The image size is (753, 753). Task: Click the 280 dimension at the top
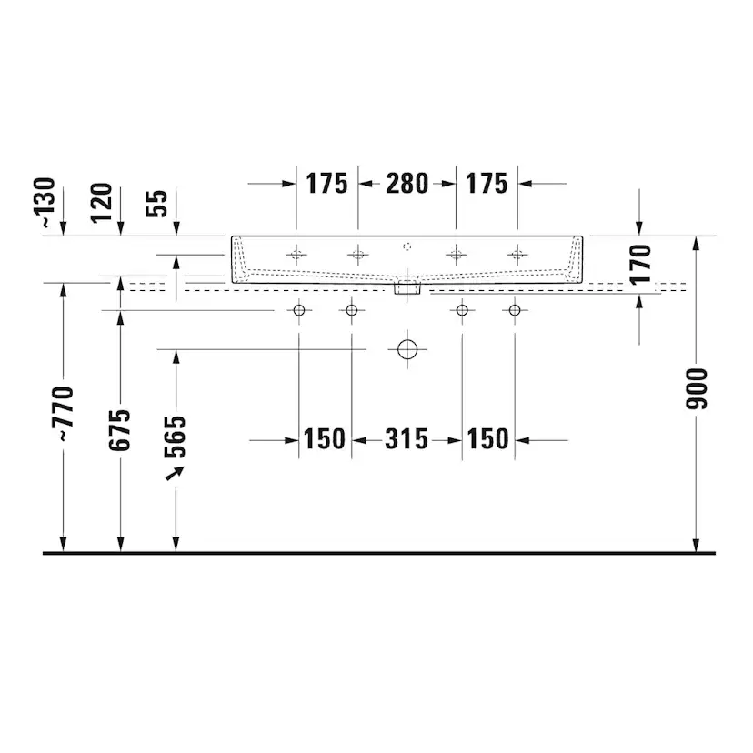point(407,184)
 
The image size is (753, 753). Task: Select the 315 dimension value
point(406,440)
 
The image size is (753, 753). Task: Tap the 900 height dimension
point(697,388)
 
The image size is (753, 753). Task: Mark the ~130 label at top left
point(47,202)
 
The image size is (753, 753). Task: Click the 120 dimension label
point(102,203)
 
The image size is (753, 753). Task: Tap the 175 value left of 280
point(326,184)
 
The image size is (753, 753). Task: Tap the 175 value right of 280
point(487,184)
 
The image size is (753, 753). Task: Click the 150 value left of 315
point(325,440)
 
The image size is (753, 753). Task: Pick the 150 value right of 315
point(487,440)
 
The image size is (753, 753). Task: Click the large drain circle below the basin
point(407,349)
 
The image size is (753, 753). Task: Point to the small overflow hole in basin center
point(407,246)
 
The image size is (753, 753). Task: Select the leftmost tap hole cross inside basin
point(296,253)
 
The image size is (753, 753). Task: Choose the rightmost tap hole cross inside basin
point(517,253)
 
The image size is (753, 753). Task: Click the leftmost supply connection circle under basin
point(298,311)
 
